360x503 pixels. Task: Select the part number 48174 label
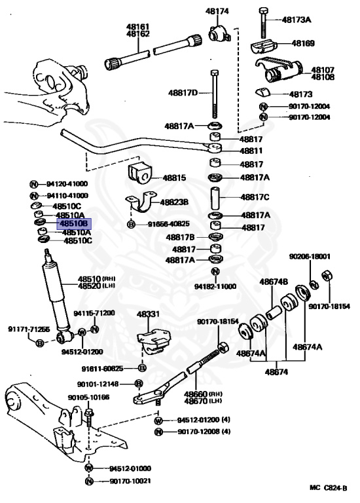coord(217,11)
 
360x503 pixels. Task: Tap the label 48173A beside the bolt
coord(297,20)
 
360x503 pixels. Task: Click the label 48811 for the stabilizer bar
coord(252,151)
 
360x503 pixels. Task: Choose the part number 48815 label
coord(174,177)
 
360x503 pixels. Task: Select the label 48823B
coord(175,202)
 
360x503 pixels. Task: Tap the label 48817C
coord(255,197)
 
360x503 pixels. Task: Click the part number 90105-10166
coord(88,397)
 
